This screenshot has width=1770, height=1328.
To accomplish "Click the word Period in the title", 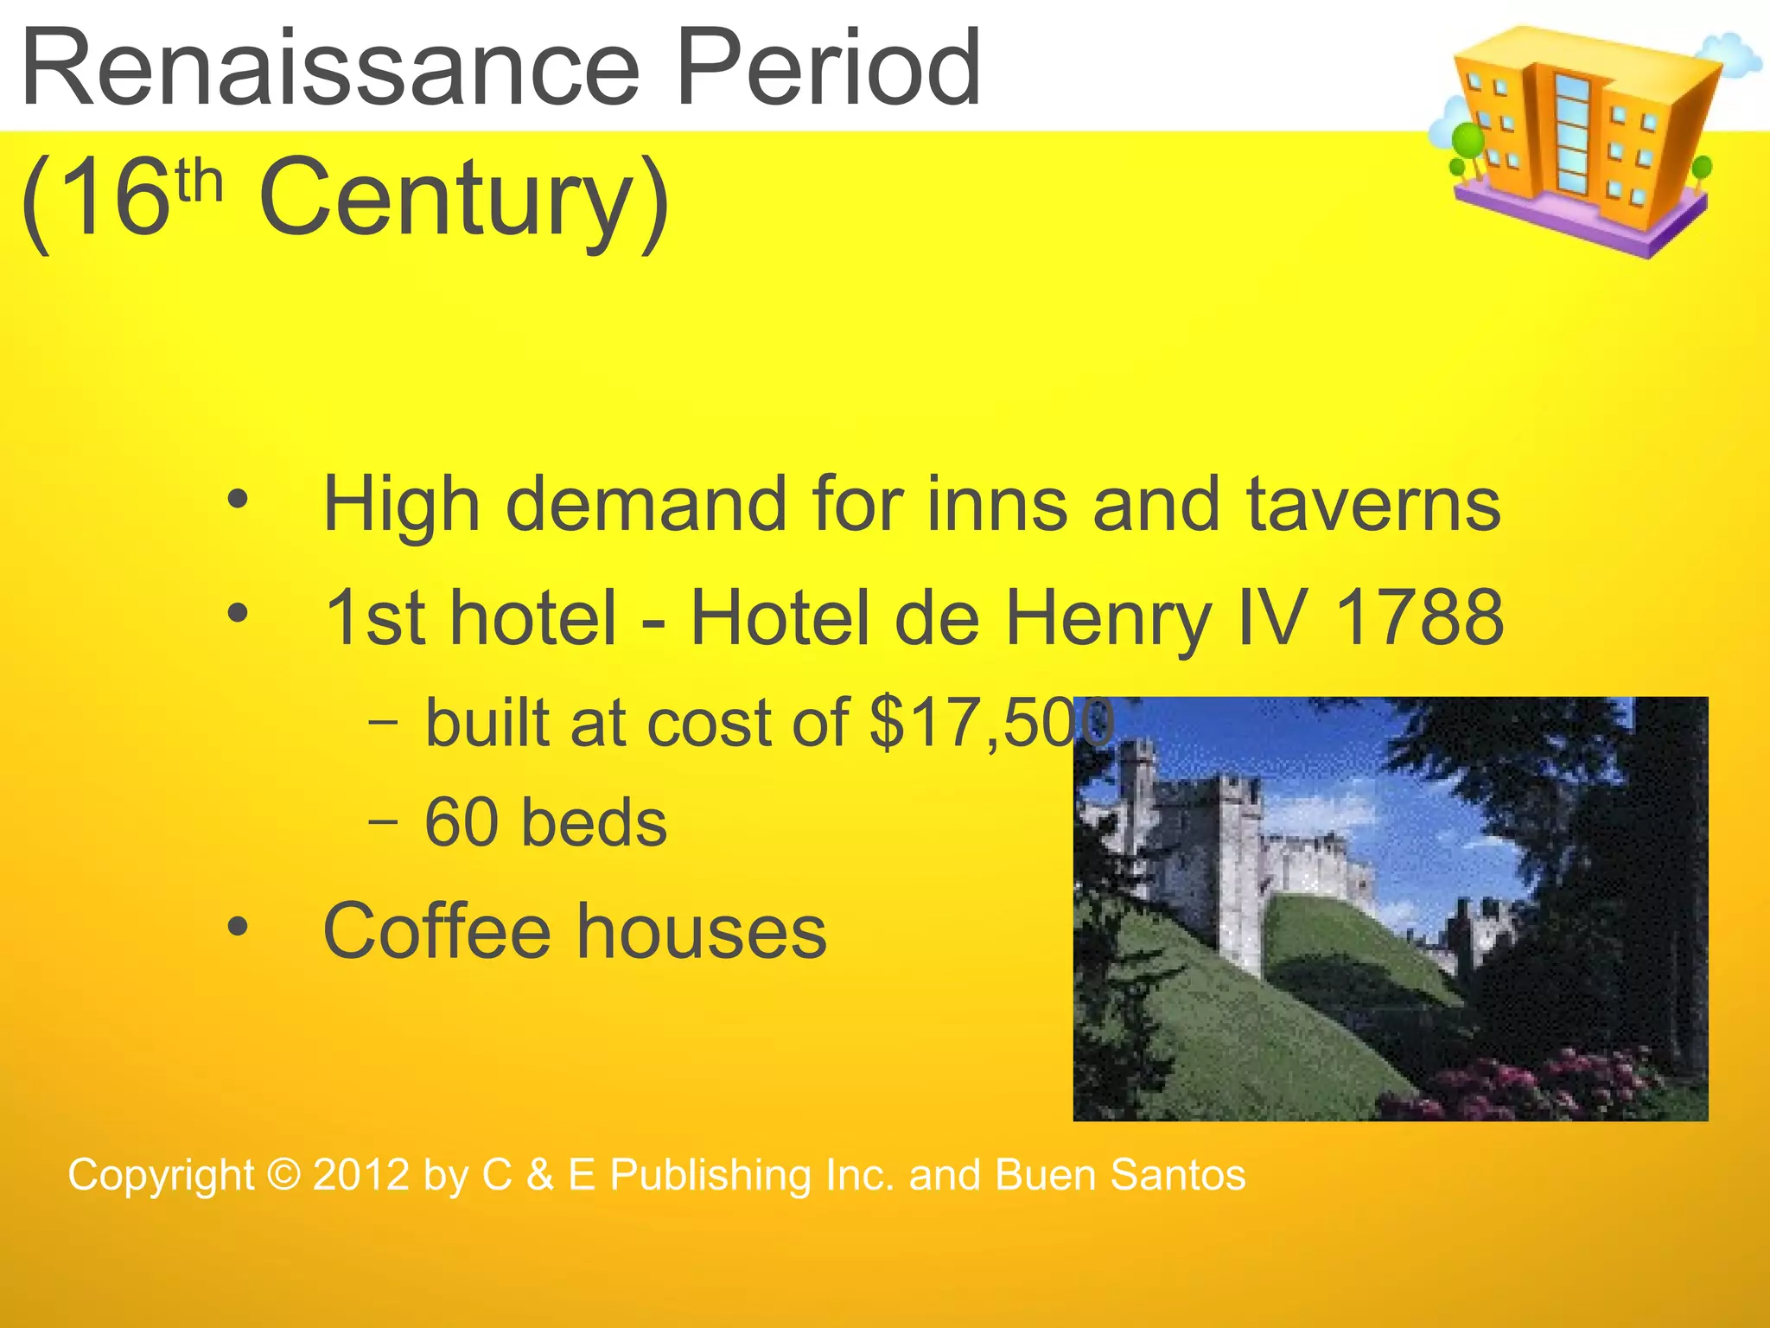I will [828, 67].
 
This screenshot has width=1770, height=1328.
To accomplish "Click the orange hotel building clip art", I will [1582, 138].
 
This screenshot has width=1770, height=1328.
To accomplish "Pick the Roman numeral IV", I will [1274, 617].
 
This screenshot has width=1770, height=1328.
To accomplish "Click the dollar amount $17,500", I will [990, 723].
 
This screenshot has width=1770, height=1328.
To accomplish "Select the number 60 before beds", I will [462, 822].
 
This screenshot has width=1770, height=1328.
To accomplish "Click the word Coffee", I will [436, 931].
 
